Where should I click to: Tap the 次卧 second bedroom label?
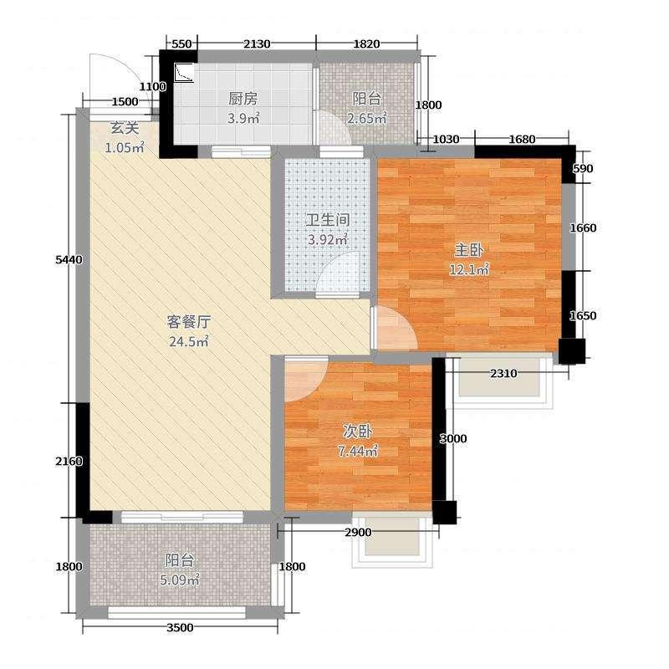(x=358, y=432)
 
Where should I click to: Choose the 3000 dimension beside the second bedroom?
(x=453, y=438)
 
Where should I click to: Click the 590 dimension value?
(x=583, y=169)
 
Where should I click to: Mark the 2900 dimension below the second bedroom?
(x=357, y=533)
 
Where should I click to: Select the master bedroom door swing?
(x=394, y=327)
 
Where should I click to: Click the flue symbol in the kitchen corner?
(x=183, y=74)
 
